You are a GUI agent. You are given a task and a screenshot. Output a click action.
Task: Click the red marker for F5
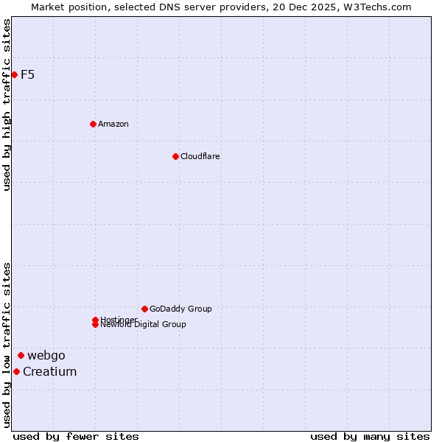click(14, 74)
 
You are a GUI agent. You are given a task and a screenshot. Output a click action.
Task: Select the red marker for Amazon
click(93, 124)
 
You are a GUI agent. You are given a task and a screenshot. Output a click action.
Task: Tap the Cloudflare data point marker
click(175, 156)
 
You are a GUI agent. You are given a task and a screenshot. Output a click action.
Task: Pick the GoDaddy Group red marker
click(144, 309)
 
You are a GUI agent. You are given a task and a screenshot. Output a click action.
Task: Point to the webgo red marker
click(21, 355)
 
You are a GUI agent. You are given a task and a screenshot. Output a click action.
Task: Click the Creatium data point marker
click(16, 371)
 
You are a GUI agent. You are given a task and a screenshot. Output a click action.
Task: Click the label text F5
click(28, 74)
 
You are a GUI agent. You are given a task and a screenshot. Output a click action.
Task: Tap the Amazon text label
click(113, 124)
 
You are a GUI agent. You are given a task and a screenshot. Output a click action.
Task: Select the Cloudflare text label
click(200, 156)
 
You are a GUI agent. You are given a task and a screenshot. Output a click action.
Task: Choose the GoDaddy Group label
click(180, 309)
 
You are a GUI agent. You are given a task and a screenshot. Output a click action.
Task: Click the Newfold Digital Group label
click(144, 325)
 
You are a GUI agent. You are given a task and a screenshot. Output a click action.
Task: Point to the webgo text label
click(46, 355)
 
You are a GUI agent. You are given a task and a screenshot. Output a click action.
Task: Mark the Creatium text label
click(49, 371)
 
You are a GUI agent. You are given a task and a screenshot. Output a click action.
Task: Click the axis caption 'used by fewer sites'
click(76, 436)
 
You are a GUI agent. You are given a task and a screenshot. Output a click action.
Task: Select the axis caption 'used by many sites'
click(370, 436)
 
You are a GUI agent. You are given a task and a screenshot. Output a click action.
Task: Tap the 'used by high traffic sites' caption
click(7, 105)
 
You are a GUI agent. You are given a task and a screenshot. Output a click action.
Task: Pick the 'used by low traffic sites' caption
click(7, 345)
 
